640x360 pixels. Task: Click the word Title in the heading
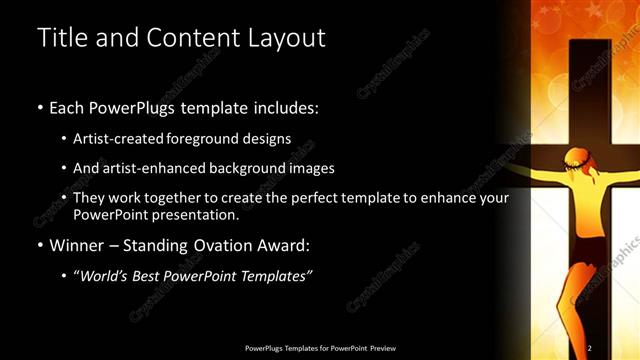59,39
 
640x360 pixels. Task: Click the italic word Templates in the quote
276,275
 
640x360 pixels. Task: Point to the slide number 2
590,347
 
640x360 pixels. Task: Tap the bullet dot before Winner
39,246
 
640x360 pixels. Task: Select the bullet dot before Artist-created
64,139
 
